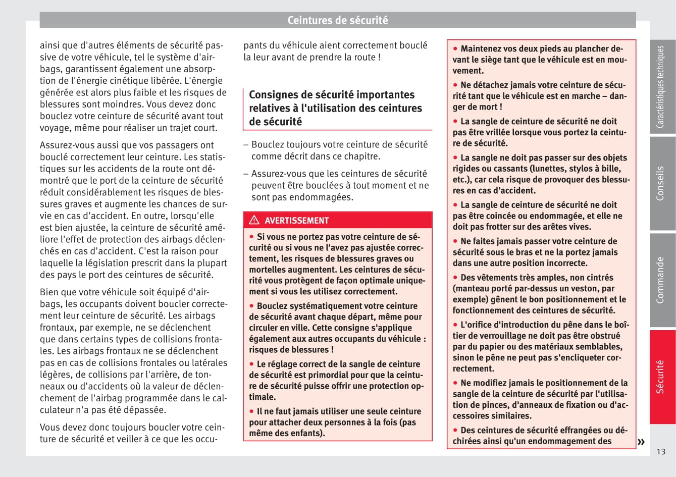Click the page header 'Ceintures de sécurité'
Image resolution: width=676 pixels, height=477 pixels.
coord(337,21)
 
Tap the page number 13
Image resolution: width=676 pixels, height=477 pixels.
coord(661,452)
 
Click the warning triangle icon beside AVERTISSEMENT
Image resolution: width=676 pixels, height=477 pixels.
coord(254,220)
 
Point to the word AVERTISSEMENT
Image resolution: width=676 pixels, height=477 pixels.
coord(296,221)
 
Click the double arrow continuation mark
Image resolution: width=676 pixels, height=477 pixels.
coord(641,442)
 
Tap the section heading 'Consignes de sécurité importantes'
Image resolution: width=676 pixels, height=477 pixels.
coord(331,95)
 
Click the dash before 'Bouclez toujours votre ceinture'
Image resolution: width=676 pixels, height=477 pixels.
coord(246,145)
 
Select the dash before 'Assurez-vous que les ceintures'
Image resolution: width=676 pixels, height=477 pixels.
coord(246,174)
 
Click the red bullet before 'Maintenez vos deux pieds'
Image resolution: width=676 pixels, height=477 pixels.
coord(455,48)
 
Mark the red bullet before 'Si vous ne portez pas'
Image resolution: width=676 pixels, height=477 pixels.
coord(251,236)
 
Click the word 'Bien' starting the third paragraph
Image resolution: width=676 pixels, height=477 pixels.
coord(49,292)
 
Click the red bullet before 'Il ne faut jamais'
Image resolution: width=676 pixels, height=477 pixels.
coord(251,411)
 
